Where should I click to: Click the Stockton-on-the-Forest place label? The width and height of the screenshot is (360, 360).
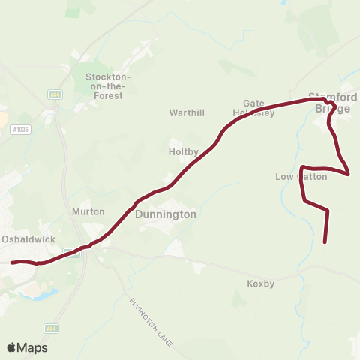click(x=109, y=86)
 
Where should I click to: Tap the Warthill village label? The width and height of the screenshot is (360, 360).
click(x=187, y=113)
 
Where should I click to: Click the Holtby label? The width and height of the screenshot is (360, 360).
click(x=184, y=151)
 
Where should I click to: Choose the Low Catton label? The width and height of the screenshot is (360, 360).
click(x=301, y=177)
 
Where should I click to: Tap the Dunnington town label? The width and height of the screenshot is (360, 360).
click(x=166, y=214)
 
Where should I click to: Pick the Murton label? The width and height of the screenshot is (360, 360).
click(x=82, y=212)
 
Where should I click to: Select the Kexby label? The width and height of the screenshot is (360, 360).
click(x=261, y=283)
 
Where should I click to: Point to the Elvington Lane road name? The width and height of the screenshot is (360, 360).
click(x=150, y=322)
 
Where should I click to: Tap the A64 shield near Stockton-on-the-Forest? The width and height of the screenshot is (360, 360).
click(x=54, y=94)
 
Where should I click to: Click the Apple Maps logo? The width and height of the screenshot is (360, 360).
click(x=28, y=347)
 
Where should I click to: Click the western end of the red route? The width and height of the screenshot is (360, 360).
click(x=12, y=262)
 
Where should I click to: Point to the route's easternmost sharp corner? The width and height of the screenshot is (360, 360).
click(x=349, y=174)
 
